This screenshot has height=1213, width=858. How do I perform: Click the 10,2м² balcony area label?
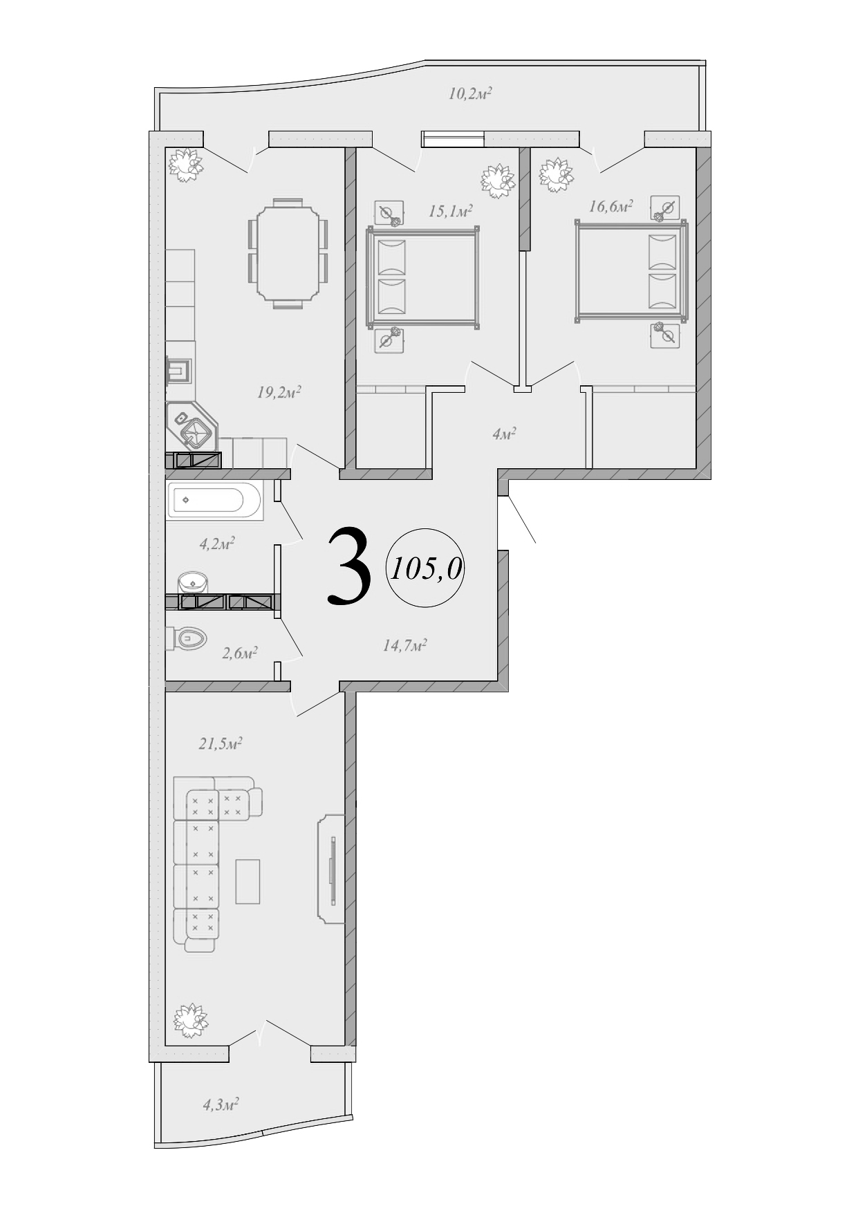click(x=469, y=93)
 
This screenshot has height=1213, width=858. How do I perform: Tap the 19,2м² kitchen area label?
click(x=279, y=393)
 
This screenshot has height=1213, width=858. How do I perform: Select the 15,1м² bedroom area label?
click(x=450, y=210)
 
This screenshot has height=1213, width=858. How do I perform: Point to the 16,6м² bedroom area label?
click(x=611, y=205)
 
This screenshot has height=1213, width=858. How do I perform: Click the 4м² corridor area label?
click(x=505, y=434)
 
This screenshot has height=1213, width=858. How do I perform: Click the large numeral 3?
click(x=349, y=566)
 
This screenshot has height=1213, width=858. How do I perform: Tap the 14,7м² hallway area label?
click(x=404, y=646)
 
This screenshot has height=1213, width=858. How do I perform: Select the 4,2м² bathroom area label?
click(x=217, y=544)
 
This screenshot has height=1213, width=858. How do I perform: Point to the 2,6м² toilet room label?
click(x=239, y=653)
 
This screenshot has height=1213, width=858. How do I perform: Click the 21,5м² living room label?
click(x=220, y=744)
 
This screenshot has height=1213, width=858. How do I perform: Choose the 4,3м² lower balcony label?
click(x=221, y=1104)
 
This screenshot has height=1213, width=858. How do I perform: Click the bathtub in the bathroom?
click(x=214, y=500)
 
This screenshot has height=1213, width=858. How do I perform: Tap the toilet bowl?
click(x=190, y=638)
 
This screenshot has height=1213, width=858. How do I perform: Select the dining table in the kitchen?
click(x=288, y=253)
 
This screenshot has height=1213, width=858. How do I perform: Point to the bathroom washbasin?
click(x=192, y=582)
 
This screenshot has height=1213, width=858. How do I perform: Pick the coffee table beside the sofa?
click(x=248, y=881)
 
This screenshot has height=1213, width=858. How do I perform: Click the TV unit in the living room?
click(x=331, y=869)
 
